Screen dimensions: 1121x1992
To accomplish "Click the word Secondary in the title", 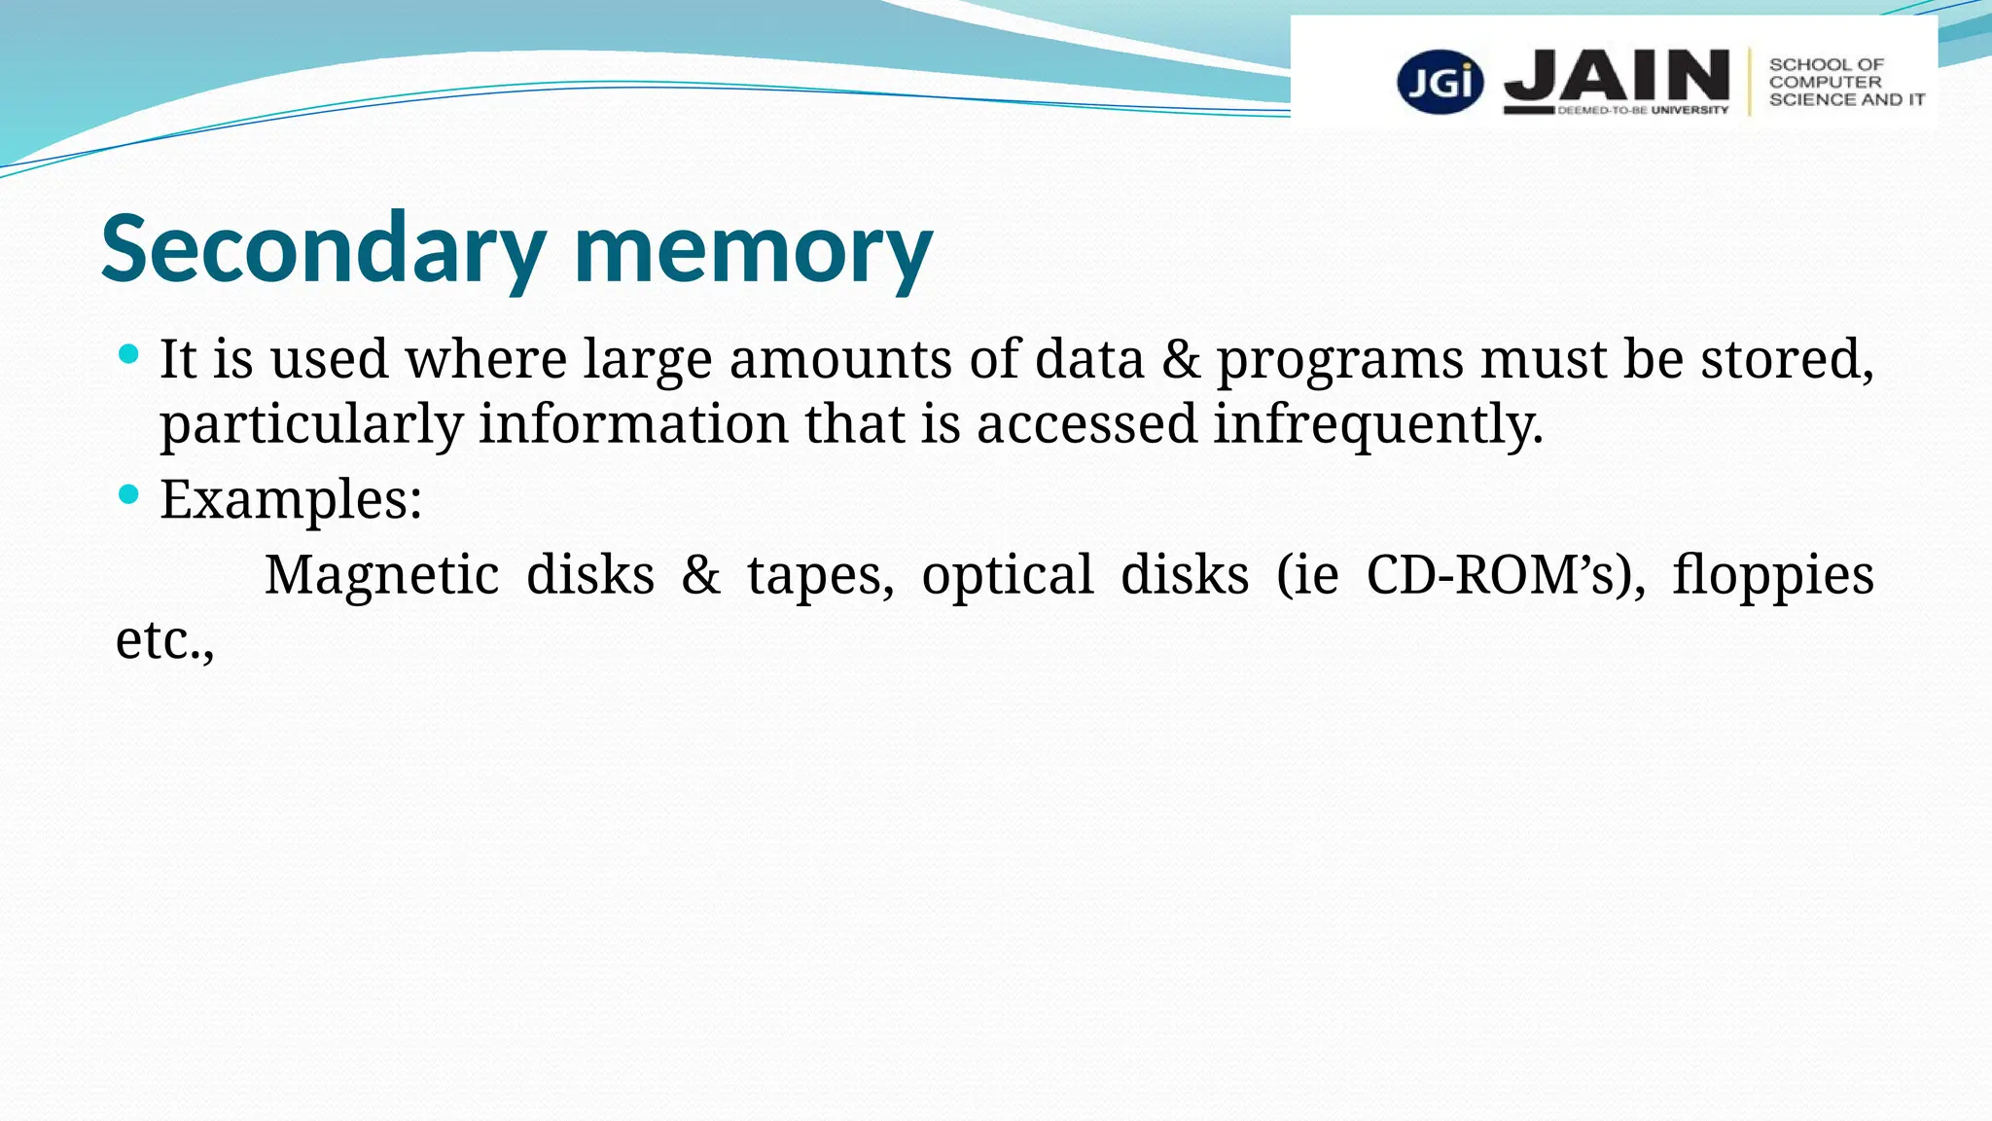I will (x=322, y=249).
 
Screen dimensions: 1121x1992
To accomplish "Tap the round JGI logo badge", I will (x=1440, y=82).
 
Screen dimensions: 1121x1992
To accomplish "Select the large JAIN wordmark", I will (x=1617, y=76).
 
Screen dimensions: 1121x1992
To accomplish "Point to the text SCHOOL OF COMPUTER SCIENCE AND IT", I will (x=1845, y=82).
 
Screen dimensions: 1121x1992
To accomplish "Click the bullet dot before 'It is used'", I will (x=128, y=353).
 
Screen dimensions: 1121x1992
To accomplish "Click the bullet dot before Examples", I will (x=128, y=494).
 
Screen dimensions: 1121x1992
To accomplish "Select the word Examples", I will (x=290, y=499).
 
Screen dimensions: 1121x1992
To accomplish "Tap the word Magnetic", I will (x=381, y=574).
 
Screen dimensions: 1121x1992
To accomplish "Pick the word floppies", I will (x=1772, y=576).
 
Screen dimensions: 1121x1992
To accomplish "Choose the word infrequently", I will (x=1377, y=425).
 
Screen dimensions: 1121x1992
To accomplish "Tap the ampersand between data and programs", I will (x=1181, y=359).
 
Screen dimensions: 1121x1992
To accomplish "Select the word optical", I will (x=1007, y=576).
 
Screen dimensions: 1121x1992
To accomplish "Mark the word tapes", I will (x=820, y=576).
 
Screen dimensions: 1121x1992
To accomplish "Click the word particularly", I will (x=311, y=425).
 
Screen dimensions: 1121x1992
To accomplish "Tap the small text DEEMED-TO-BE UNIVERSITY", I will (x=1643, y=110).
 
